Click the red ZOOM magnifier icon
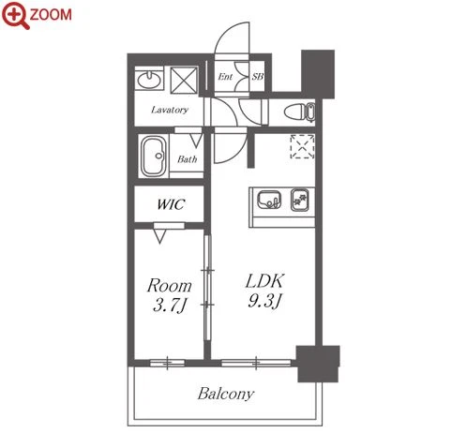click(16, 15)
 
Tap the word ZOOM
click(51, 15)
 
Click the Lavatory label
click(170, 110)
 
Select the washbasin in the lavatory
click(150, 80)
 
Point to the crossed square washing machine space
click(184, 81)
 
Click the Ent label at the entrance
click(225, 77)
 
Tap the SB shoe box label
click(258, 76)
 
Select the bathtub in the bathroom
click(153, 156)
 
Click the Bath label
click(188, 159)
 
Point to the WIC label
click(171, 204)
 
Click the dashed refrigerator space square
click(302, 146)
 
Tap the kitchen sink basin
click(269, 200)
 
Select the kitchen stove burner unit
click(300, 200)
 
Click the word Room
click(170, 285)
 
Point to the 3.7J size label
click(170, 306)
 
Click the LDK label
click(265, 281)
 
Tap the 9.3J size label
click(265, 301)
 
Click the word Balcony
click(226, 394)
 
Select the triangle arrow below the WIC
click(159, 236)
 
